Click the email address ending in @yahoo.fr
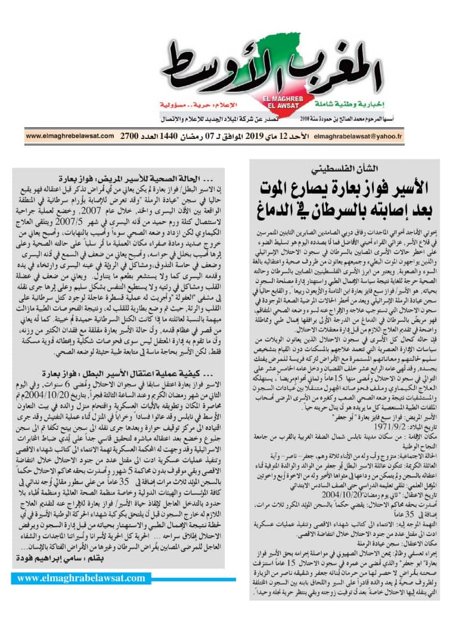coord(358,137)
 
